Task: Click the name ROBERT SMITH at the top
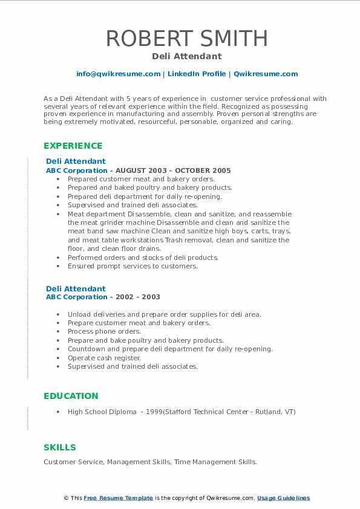187,39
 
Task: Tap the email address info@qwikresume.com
118,74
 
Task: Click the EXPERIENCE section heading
73,146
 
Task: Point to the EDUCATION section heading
71,396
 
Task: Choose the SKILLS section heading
60,447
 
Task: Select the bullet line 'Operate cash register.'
104,358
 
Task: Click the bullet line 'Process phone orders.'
104,331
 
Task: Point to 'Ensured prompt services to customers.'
133,266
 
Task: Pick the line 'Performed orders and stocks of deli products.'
143,258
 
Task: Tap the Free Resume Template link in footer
119,498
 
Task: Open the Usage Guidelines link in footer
283,498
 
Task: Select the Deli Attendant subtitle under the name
187,56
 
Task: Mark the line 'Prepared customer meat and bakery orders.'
141,179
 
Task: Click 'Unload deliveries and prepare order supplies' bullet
165,314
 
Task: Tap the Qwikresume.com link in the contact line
266,74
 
